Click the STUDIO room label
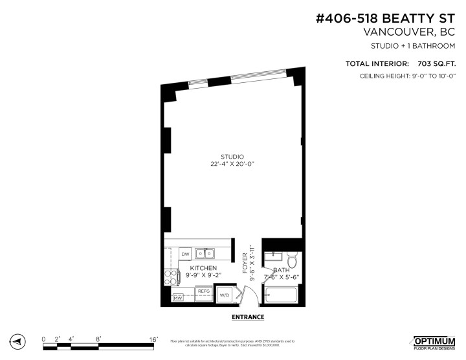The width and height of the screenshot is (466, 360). point(232,157)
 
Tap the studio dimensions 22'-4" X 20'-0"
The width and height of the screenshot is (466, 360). point(232,164)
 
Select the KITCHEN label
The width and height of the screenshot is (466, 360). point(203,268)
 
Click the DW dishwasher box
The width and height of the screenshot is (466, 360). point(185,254)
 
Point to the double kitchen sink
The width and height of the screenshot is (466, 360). point(206,253)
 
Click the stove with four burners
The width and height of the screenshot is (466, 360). point(172,277)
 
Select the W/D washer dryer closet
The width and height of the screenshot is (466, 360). point(225,295)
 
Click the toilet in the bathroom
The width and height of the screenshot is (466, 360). point(291,261)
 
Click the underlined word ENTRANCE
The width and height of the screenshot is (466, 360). point(247,317)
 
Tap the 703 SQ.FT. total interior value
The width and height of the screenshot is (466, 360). point(434,63)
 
